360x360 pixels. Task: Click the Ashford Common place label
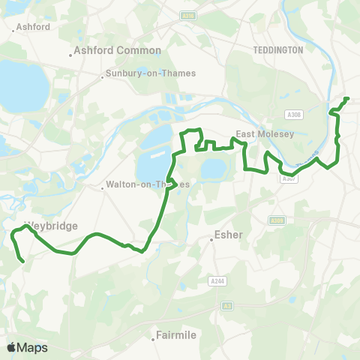118,50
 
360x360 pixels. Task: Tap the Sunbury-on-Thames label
151,73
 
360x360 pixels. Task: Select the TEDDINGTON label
277,49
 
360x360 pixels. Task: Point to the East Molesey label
257,134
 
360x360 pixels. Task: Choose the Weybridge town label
51,225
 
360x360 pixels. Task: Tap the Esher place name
229,234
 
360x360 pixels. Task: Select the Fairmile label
175,335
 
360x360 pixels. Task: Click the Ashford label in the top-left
32,27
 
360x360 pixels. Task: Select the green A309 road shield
277,220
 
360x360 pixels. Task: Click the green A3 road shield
227,306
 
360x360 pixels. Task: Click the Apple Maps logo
27,347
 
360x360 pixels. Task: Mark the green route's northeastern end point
347,99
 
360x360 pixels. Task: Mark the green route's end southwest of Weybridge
24,261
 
